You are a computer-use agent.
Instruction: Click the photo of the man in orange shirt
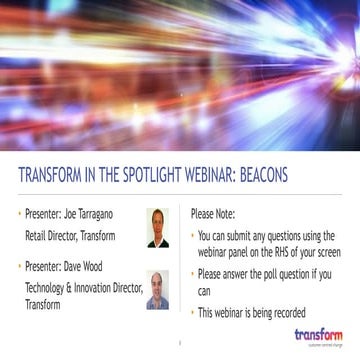pos(158,227)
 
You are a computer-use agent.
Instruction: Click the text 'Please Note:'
pos(217,214)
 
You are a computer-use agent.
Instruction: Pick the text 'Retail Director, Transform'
pos(70,236)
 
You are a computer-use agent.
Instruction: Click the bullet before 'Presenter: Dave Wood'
pos(19,267)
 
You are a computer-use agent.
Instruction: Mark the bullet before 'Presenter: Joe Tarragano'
pos(19,214)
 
